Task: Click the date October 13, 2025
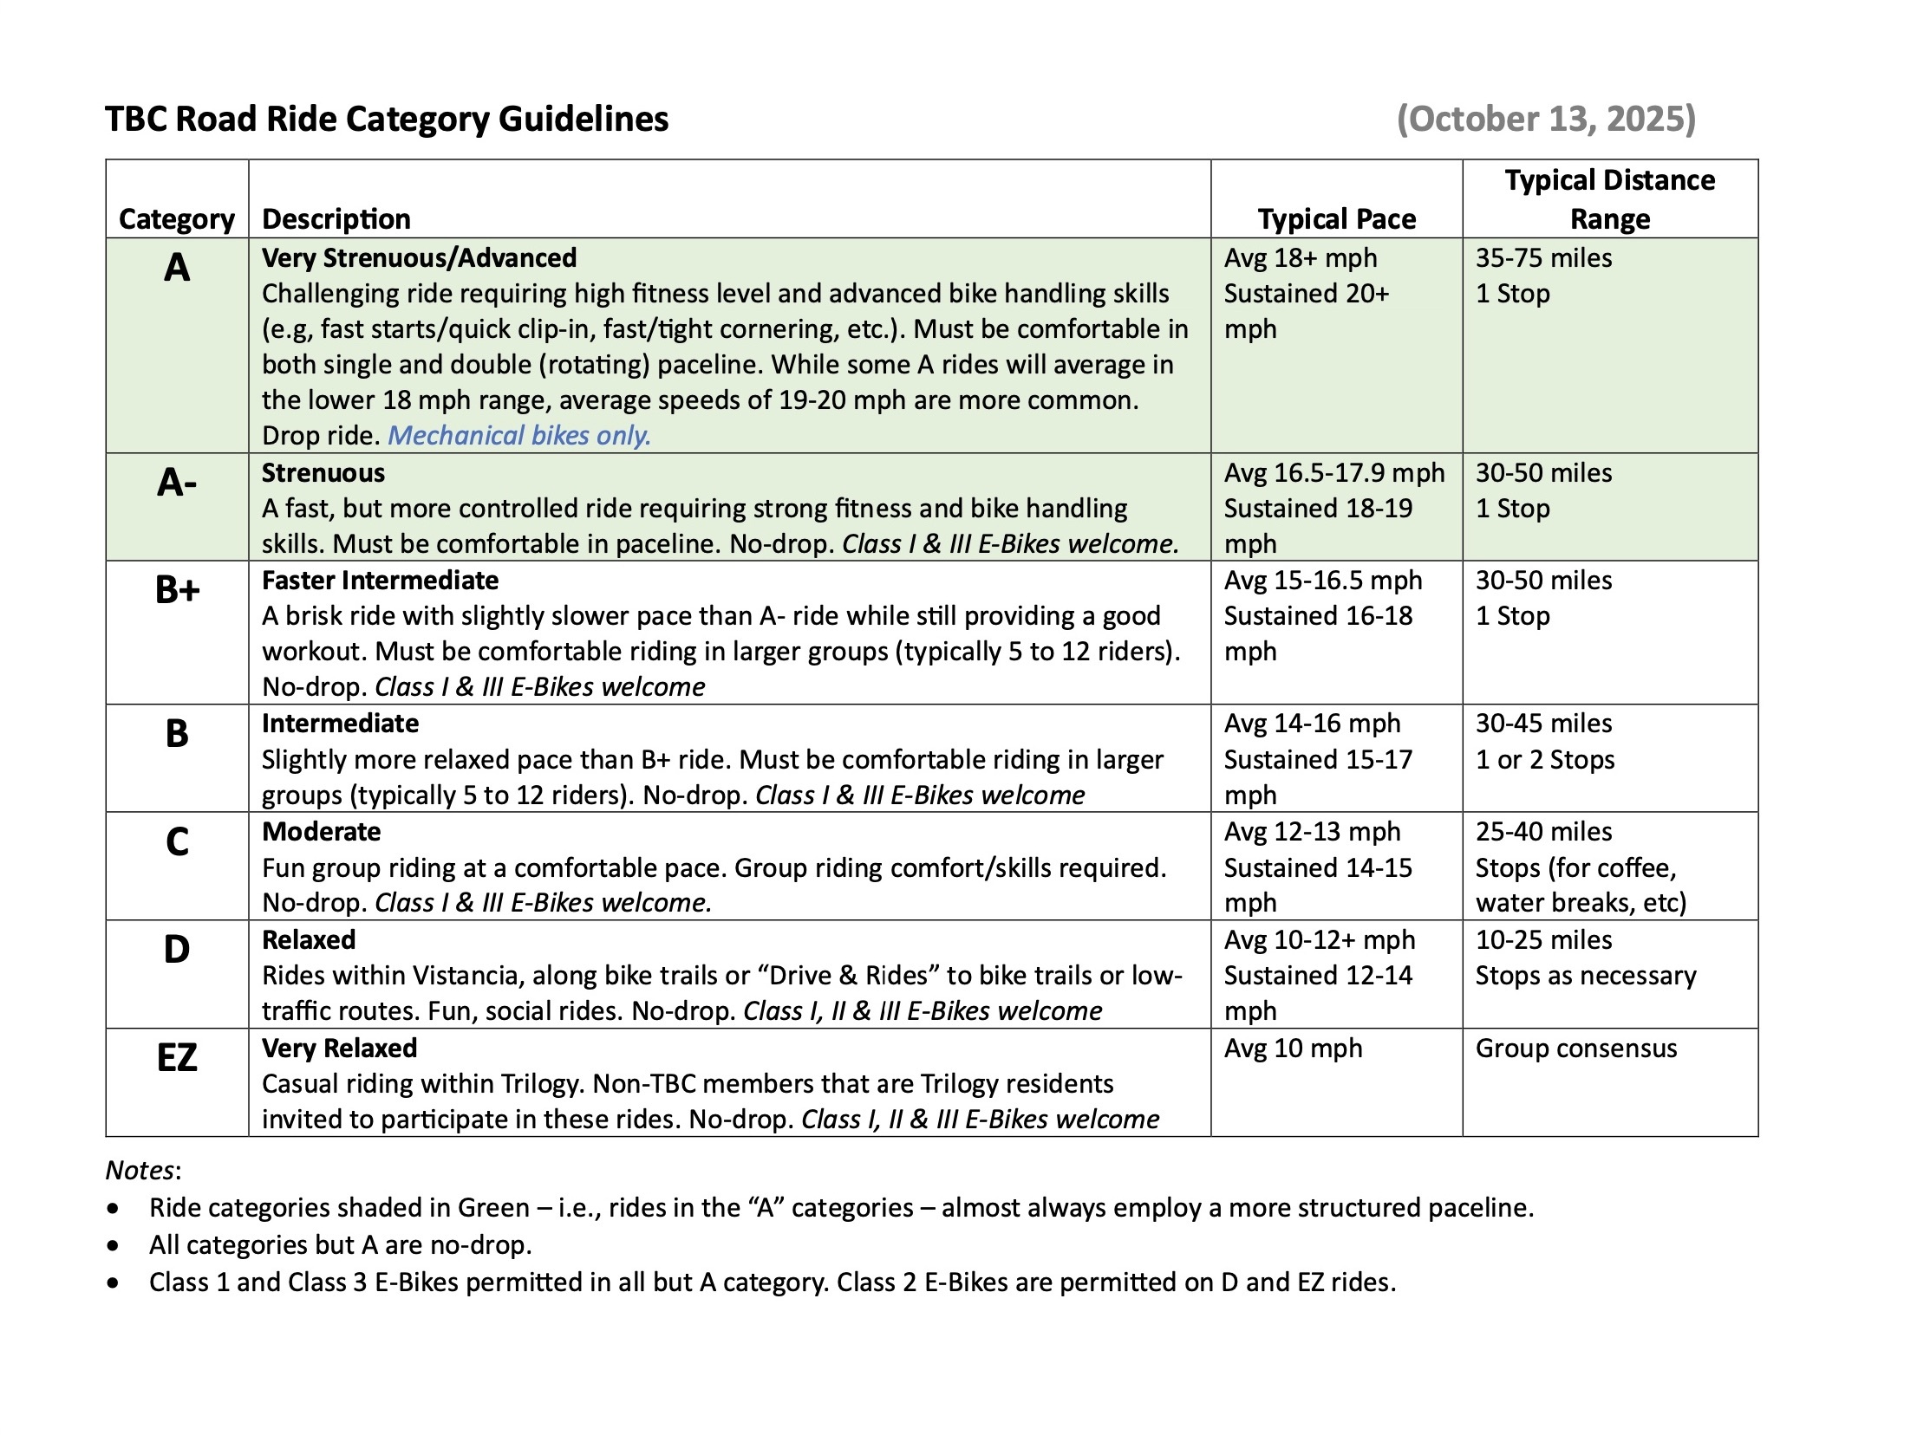[1546, 119]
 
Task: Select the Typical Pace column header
[1336, 219]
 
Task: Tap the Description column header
[336, 219]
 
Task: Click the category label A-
[177, 482]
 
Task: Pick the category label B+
[177, 590]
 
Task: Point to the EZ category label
[177, 1057]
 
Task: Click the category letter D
[177, 950]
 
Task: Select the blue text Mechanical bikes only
[518, 435]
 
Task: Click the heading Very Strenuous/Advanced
[419, 257]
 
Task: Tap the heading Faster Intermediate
[380, 580]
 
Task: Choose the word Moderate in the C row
[322, 831]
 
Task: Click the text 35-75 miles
[1543, 257]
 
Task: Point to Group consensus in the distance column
[1575, 1048]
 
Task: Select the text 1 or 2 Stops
[1545, 759]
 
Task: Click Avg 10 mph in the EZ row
[1293, 1048]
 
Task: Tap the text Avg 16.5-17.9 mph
[1333, 472]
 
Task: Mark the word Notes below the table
[140, 1170]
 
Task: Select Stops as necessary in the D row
[1585, 975]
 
